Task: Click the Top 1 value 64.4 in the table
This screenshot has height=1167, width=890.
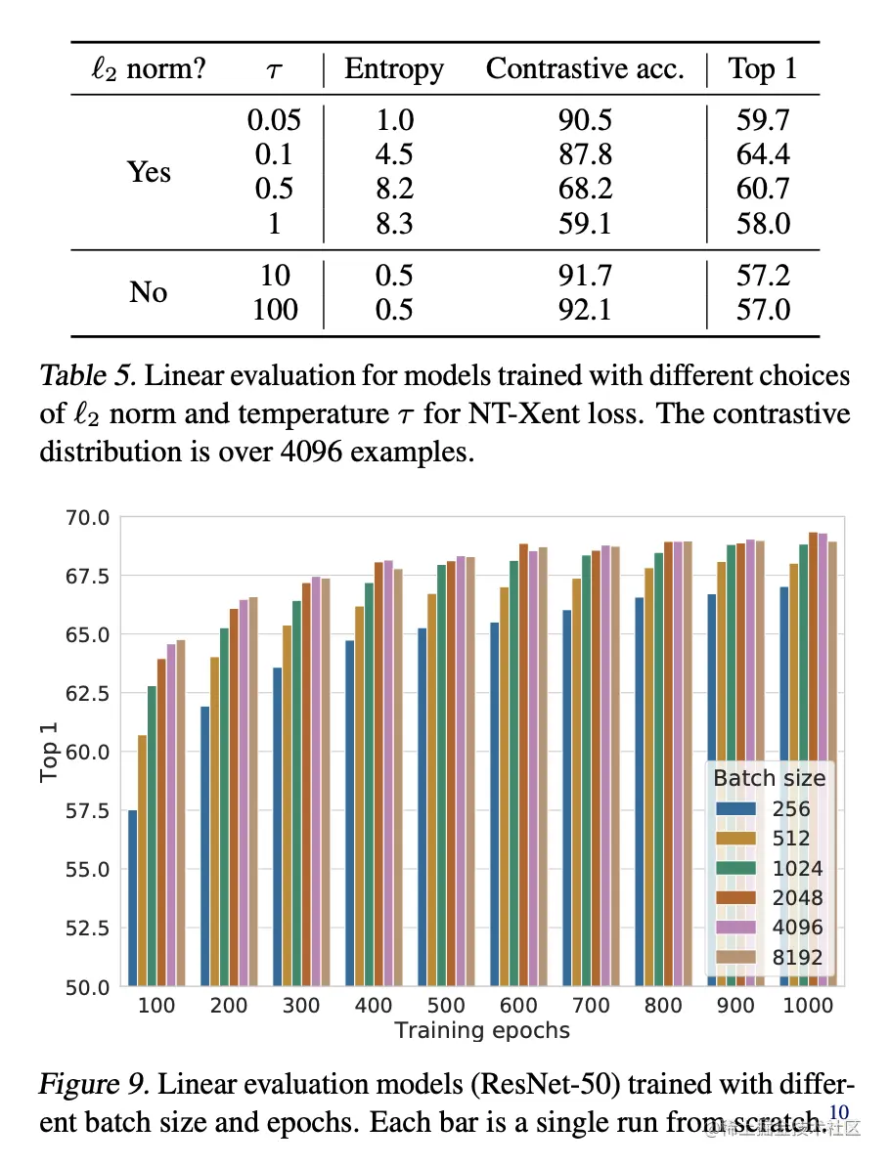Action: click(x=763, y=154)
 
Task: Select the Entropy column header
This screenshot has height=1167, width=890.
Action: click(x=394, y=69)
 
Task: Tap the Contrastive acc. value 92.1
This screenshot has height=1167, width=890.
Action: click(x=584, y=310)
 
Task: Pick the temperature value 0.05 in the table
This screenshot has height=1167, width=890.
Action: click(x=274, y=120)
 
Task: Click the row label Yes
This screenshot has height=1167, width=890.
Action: click(x=149, y=172)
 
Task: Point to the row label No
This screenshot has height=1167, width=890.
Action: click(x=148, y=292)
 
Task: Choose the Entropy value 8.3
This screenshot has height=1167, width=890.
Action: click(x=394, y=224)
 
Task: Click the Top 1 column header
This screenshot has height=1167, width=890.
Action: click(x=763, y=69)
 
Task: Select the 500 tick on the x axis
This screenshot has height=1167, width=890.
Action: click(x=445, y=1006)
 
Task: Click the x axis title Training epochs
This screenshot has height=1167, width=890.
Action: click(x=481, y=1030)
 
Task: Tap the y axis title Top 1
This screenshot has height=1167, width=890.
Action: click(x=50, y=752)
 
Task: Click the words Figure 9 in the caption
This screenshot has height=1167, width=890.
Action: click(x=94, y=1084)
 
